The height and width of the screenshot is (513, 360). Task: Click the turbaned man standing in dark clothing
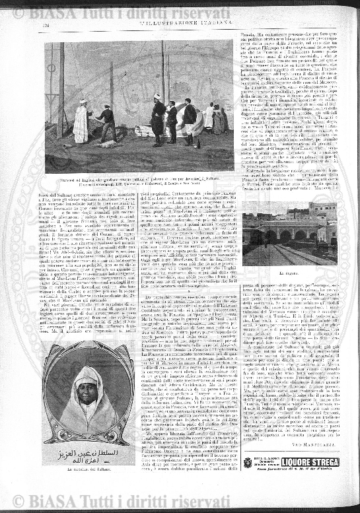(x=158, y=116)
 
